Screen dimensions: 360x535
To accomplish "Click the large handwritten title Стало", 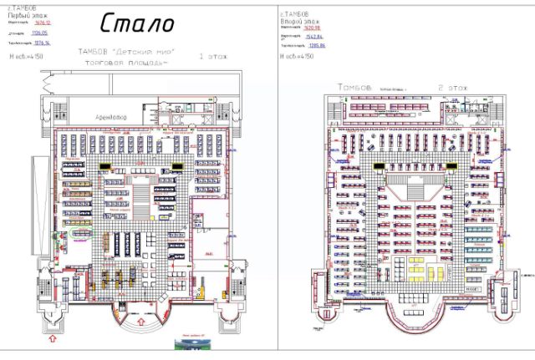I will pyautogui.click(x=138, y=23).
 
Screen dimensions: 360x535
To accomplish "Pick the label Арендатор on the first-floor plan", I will pyautogui.click(x=110, y=118).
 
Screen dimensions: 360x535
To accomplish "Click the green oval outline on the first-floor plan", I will pyautogui.click(x=84, y=236).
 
